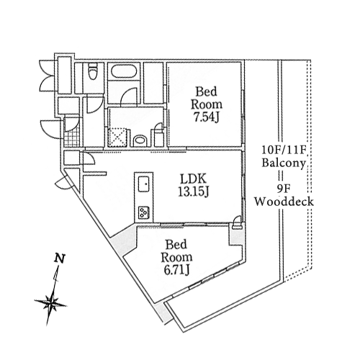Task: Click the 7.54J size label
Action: tap(207, 117)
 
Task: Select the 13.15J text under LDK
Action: tap(193, 192)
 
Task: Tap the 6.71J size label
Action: tap(177, 270)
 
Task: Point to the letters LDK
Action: tap(193, 179)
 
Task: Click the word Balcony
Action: tap(284, 163)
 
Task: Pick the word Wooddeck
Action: tap(284, 202)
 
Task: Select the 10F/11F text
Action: tap(283, 150)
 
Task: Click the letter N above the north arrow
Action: tap(60, 258)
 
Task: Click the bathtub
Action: tap(125, 71)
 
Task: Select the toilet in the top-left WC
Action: tap(92, 71)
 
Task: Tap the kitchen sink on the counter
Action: tap(144, 184)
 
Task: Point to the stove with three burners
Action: tap(144, 212)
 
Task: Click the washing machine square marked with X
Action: tap(117, 138)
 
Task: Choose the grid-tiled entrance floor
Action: tap(72, 138)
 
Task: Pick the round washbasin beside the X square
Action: tap(140, 141)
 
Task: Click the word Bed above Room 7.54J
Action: tap(206, 91)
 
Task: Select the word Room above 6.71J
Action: tap(176, 257)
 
